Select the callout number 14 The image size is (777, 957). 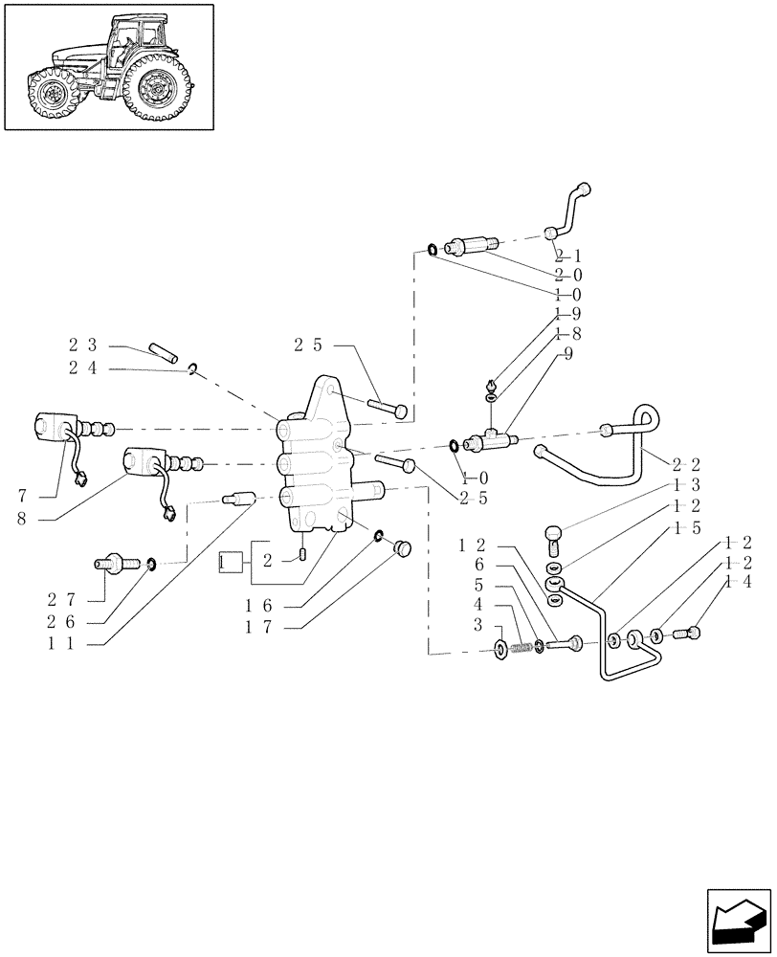(735, 582)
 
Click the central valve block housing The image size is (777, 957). (321, 459)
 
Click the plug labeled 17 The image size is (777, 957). (403, 548)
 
